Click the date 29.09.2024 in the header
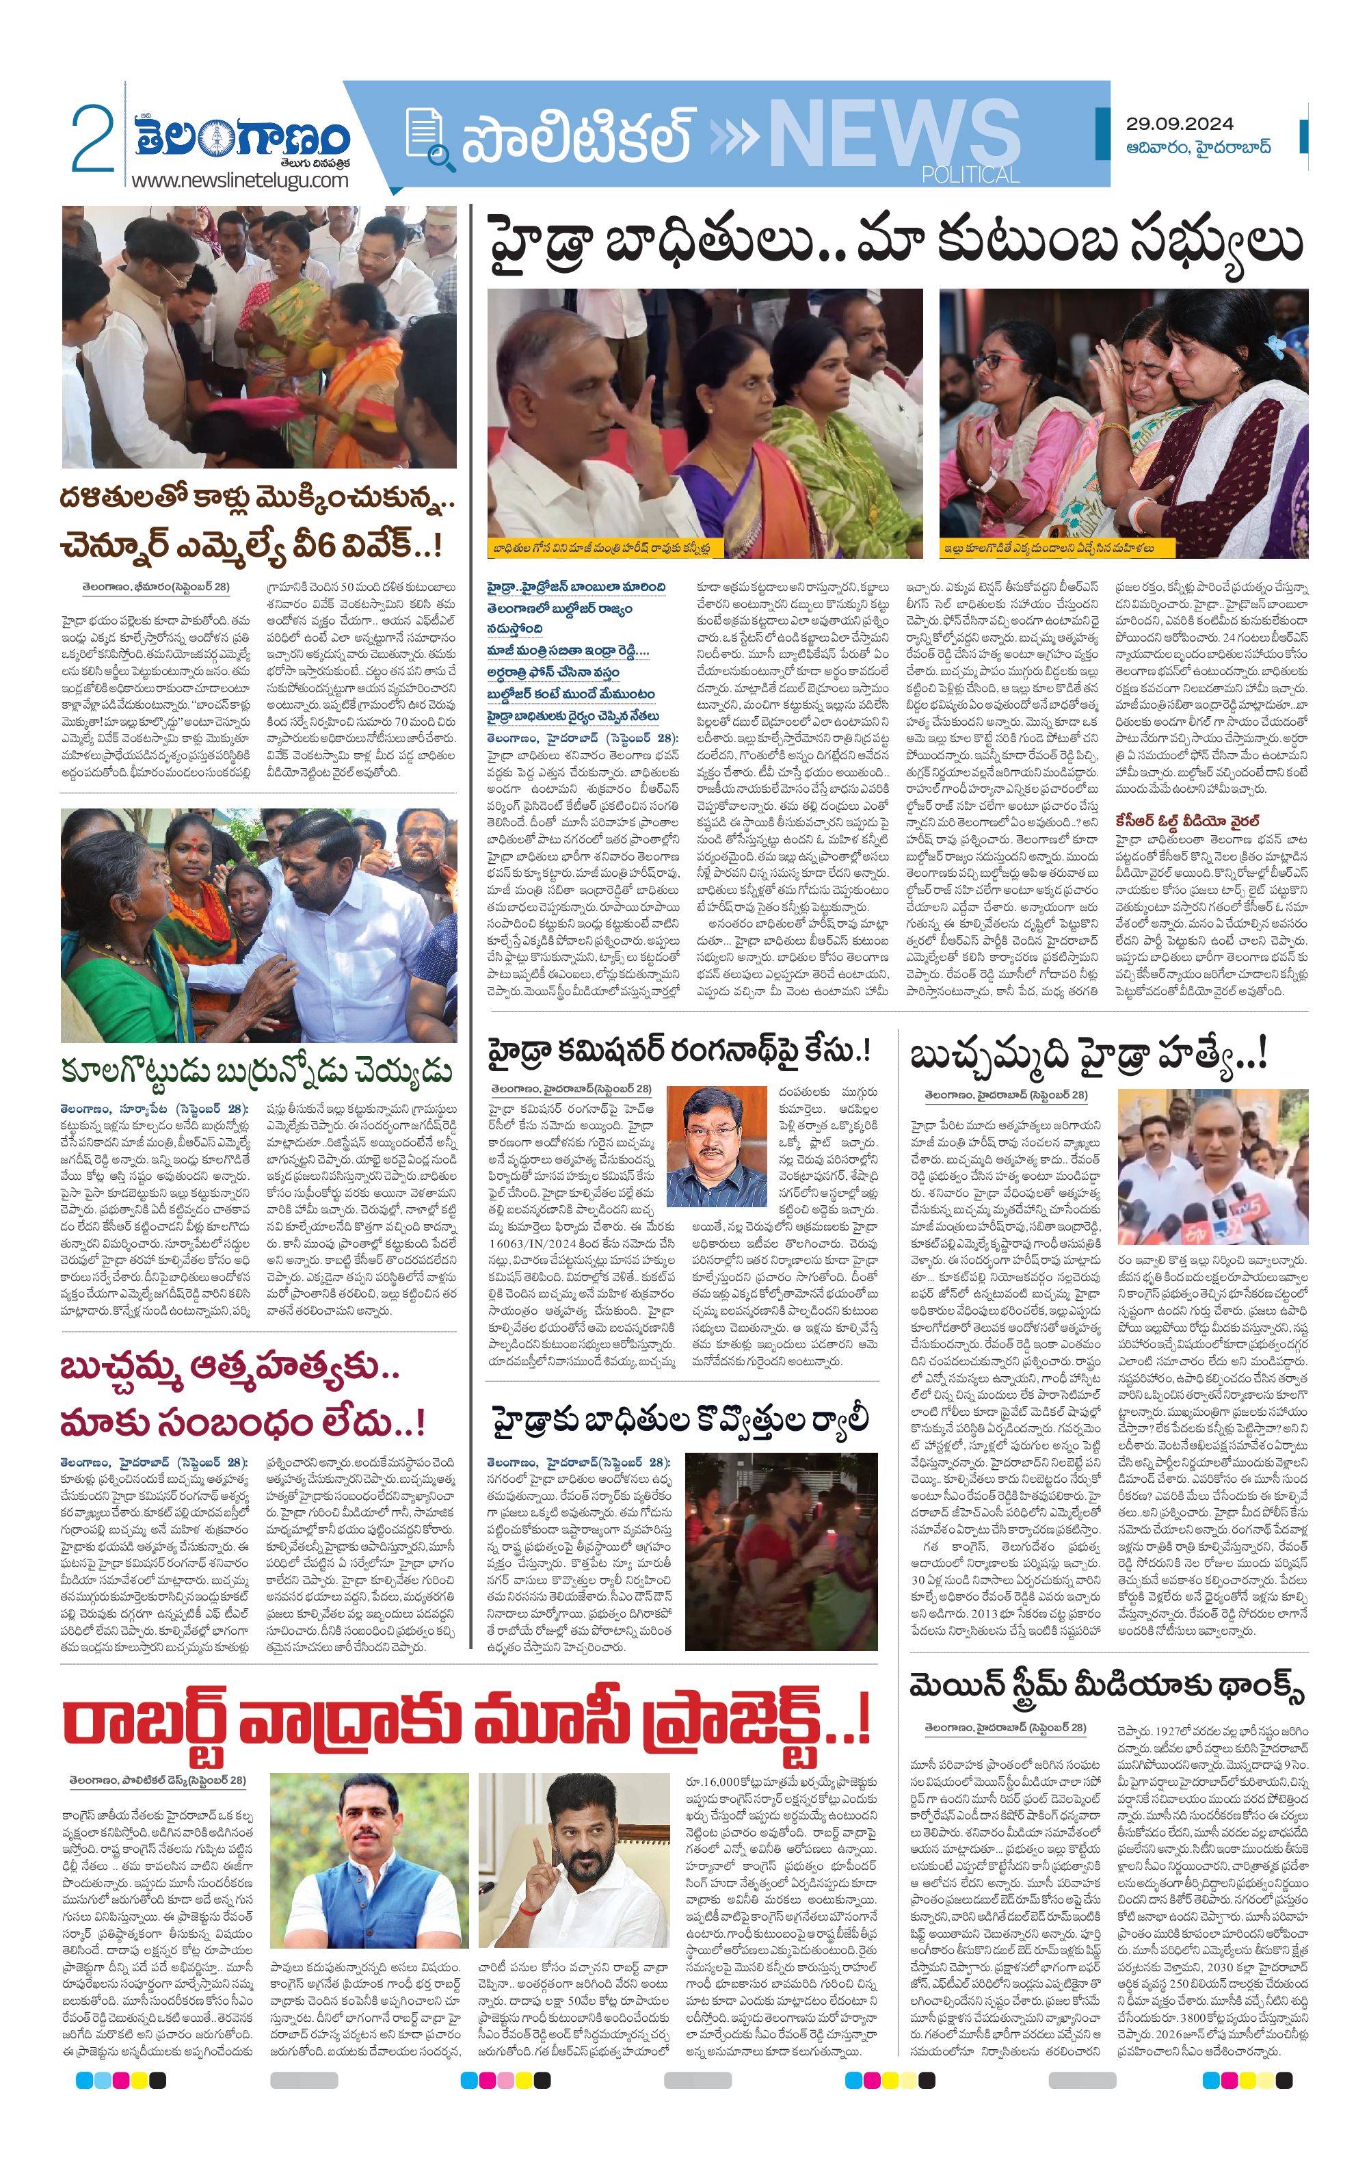point(1179,124)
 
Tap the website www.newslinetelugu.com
point(239,181)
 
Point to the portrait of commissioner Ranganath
point(716,1147)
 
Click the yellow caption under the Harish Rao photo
point(602,548)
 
